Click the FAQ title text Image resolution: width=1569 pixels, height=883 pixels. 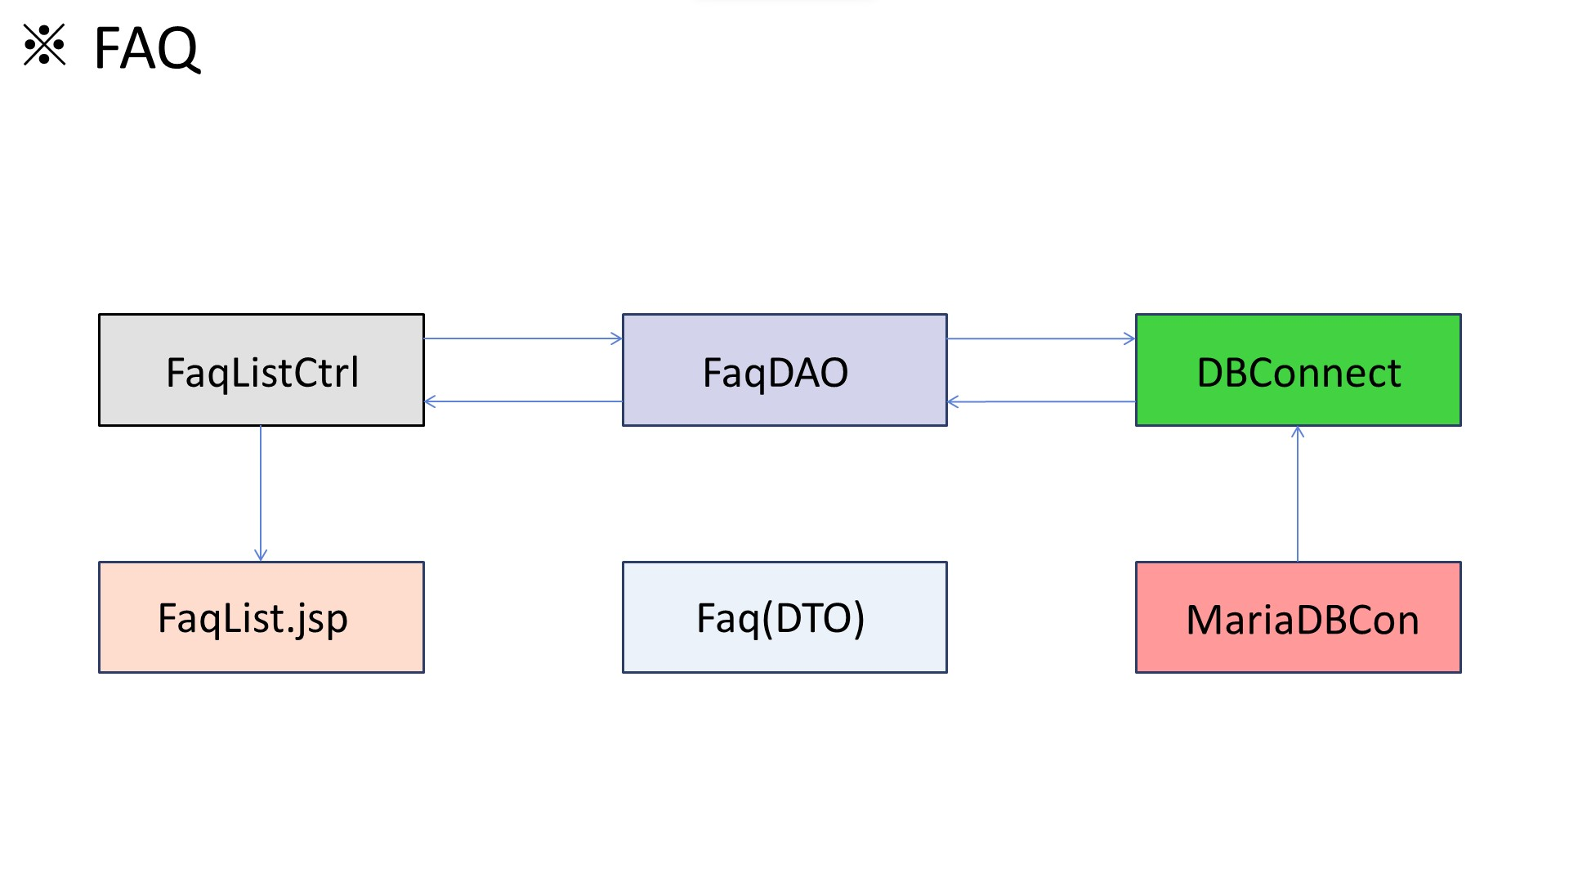(147, 48)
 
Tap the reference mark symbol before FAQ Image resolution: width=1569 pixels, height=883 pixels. (44, 45)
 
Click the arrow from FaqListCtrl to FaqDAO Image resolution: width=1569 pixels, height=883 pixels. (523, 338)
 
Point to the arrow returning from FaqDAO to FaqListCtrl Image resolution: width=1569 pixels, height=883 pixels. (523, 401)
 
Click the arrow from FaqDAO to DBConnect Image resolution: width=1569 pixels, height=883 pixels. (1040, 338)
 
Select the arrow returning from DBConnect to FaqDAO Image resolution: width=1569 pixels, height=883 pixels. (1040, 401)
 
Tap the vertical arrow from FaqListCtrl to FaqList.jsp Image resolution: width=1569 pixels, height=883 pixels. (261, 491)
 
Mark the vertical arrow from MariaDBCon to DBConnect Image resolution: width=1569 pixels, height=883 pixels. (1298, 495)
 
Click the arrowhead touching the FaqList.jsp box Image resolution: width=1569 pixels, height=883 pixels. (261, 555)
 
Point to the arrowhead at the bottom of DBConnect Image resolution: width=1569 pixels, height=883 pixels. (1298, 432)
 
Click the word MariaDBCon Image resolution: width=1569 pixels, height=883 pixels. (1302, 620)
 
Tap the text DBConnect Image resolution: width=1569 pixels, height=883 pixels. (1299, 373)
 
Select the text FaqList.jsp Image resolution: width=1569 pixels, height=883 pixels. (253, 618)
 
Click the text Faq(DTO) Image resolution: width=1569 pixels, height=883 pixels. (780, 618)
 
